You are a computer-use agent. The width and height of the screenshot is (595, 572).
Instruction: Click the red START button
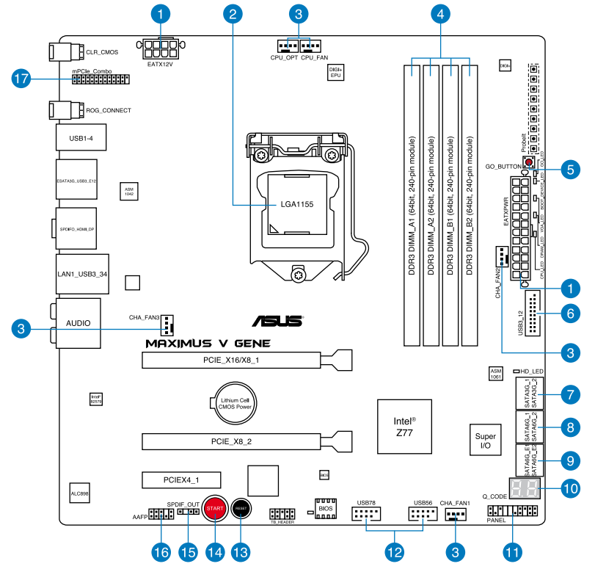[x=214, y=508]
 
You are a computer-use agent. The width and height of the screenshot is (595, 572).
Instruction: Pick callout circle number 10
[x=569, y=486]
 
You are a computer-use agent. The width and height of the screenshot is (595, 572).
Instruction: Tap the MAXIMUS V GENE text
[x=208, y=343]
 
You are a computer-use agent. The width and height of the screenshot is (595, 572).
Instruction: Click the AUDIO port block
[x=79, y=323]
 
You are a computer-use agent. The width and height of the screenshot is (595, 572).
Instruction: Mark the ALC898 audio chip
[x=79, y=492]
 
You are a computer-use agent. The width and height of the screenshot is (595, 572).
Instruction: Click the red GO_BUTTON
[x=528, y=162]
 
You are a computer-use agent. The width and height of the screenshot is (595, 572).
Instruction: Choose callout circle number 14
[x=214, y=550]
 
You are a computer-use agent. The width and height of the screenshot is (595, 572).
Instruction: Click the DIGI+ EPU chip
[x=335, y=72]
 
